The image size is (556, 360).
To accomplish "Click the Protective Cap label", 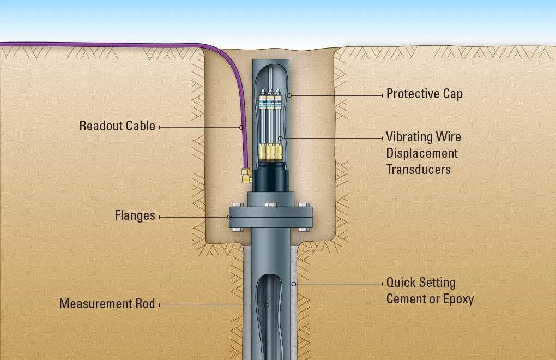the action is [425, 94].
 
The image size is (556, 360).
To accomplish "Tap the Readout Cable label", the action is [117, 126].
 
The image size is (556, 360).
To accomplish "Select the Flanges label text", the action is [135, 215].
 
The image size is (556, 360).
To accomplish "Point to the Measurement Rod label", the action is [107, 304].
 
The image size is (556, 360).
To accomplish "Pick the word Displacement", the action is [422, 153].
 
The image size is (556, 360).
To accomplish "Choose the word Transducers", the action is [419, 170].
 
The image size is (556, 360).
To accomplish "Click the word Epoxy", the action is [458, 299].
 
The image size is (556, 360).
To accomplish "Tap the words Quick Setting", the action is [421, 283].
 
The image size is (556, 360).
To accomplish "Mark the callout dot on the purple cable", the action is [241, 127].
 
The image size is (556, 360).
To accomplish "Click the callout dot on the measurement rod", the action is [267, 305].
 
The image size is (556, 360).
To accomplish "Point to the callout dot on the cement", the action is [294, 284].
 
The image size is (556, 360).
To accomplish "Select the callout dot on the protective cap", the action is [289, 95].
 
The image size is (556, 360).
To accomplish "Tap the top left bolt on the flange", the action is [237, 205].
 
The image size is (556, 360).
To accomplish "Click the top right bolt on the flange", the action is [304, 205].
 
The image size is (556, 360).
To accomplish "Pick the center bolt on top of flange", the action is [270, 205].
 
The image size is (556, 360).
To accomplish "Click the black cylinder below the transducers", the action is [270, 177].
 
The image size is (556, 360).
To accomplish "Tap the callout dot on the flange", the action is [230, 217].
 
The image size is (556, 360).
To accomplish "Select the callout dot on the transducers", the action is [280, 138].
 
